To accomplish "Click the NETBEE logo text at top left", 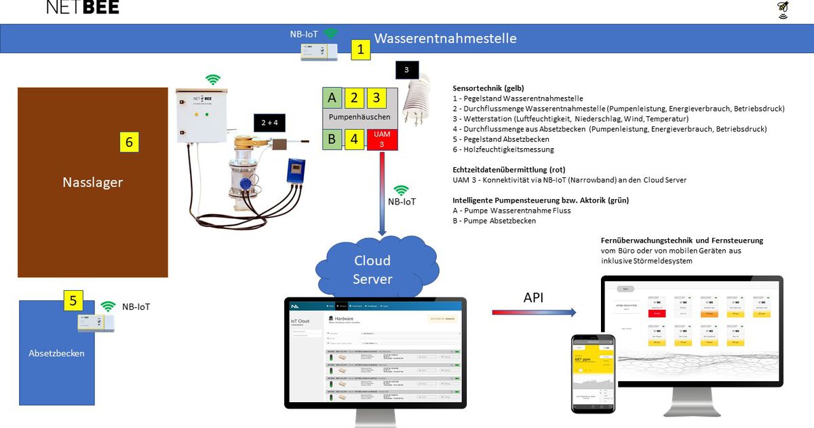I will coord(83,7).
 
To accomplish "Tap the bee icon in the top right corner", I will coord(783,10).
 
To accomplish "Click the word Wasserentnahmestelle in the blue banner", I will coord(445,38).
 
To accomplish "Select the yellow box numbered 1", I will coord(360,50).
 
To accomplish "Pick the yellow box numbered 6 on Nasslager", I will coord(129,142).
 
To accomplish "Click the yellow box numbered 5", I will coord(73,300).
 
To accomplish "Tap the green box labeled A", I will coord(332,97).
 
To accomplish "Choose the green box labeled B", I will coord(332,139).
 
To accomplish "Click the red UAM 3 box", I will coord(382,139).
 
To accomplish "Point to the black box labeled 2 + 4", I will coord(270,122).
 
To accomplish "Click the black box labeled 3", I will coord(406,70).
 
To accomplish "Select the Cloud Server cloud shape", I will coord(372,269).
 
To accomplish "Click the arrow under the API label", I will coord(534,312).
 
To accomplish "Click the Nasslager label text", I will coord(92,182).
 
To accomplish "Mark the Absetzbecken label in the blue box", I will coord(56,353).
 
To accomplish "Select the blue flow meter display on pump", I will coord(296,171).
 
